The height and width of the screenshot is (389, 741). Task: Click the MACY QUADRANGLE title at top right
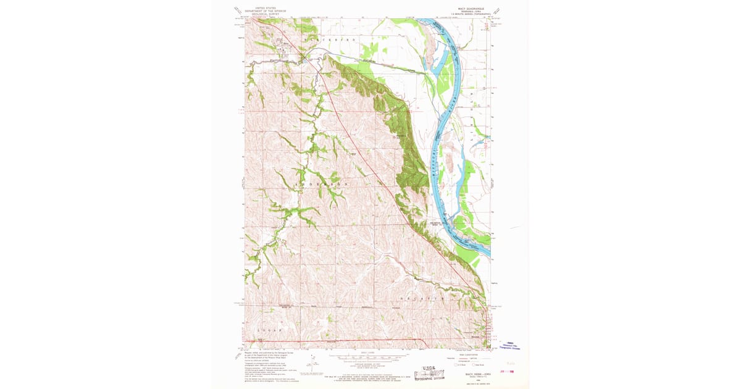(471, 9)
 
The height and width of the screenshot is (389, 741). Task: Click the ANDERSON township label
(323, 184)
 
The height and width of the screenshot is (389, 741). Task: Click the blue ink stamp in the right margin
(510, 346)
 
